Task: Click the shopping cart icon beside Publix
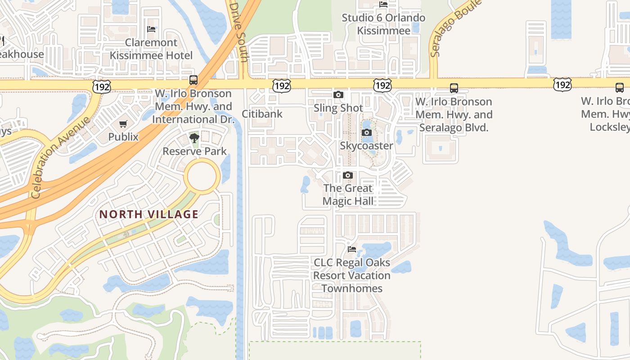[x=123, y=124]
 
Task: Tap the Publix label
[x=123, y=136]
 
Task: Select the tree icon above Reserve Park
[x=194, y=138]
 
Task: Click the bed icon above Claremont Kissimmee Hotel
[x=151, y=29]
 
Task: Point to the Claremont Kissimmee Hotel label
[x=151, y=49]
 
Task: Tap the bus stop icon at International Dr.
[x=193, y=80]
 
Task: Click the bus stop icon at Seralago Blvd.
[x=454, y=88]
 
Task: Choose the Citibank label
[x=262, y=114]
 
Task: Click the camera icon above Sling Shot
[x=338, y=95]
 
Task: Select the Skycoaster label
[x=366, y=146]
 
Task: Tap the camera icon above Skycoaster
[x=367, y=133]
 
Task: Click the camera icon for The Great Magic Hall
[x=348, y=175]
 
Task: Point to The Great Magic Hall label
[x=348, y=194]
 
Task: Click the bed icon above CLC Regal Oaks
[x=352, y=249]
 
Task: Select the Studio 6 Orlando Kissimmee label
[x=383, y=24]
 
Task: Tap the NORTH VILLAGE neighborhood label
[x=149, y=214]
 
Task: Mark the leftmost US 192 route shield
[x=102, y=86]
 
